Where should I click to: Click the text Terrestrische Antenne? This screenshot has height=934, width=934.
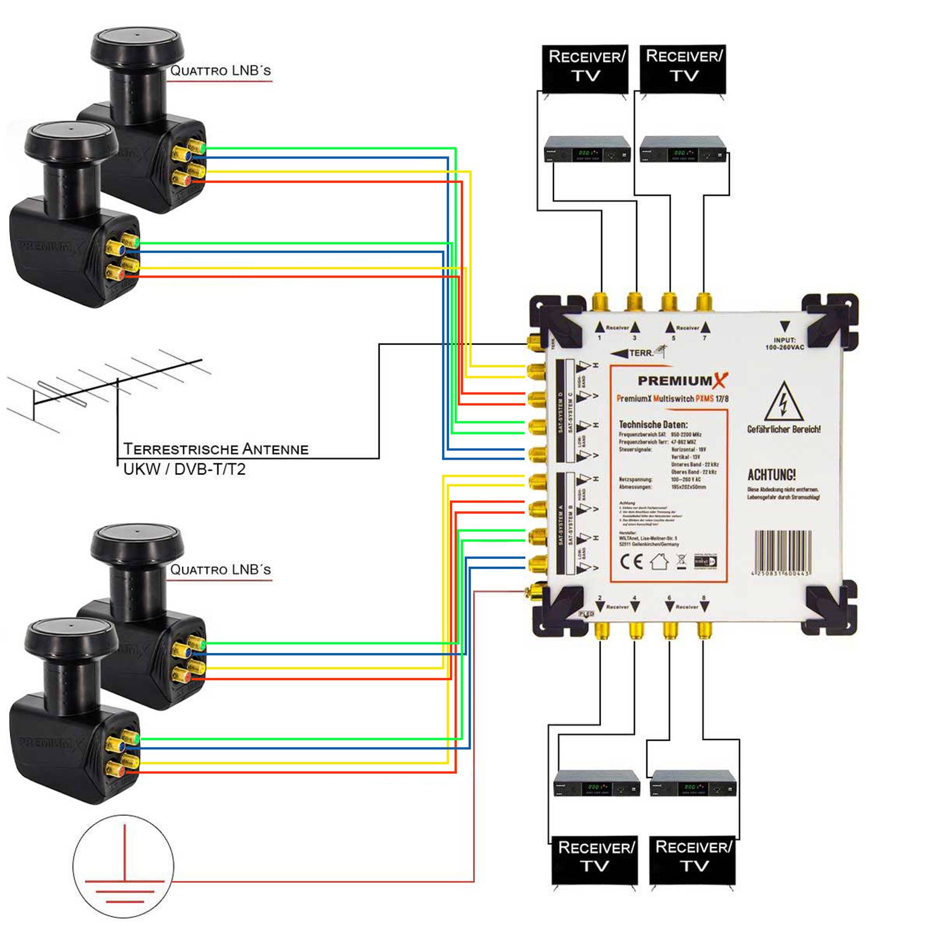click(x=216, y=449)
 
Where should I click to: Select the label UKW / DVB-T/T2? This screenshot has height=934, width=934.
click(x=184, y=469)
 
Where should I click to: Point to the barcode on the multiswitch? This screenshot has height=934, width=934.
click(x=783, y=551)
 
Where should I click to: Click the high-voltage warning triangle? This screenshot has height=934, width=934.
click(x=784, y=403)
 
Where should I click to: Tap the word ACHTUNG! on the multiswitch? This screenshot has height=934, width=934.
click(x=771, y=475)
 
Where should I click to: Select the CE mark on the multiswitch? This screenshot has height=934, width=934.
click(x=631, y=561)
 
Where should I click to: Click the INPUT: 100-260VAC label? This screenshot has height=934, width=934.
click(x=784, y=343)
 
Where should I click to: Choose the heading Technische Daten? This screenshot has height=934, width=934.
click(x=653, y=425)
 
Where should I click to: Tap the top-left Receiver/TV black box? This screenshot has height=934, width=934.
click(x=586, y=68)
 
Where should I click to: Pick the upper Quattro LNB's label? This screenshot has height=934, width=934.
click(x=220, y=71)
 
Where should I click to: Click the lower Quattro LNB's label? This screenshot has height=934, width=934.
click(x=220, y=569)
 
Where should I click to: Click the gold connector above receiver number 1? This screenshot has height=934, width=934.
click(x=600, y=302)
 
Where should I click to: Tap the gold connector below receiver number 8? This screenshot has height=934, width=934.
click(x=704, y=630)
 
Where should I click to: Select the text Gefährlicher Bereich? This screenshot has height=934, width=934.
click(x=783, y=429)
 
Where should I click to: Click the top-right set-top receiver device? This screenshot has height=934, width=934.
click(x=683, y=149)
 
